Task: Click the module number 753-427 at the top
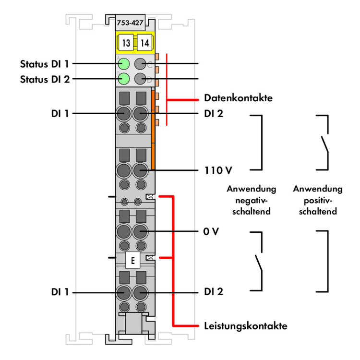point(129,22)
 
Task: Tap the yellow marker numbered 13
point(125,43)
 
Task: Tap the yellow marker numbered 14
point(144,43)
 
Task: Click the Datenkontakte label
point(238,98)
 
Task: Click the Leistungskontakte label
point(245,326)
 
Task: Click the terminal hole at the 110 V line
point(140,170)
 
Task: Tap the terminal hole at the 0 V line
point(140,231)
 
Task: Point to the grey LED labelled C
point(140,63)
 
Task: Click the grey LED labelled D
point(140,79)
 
